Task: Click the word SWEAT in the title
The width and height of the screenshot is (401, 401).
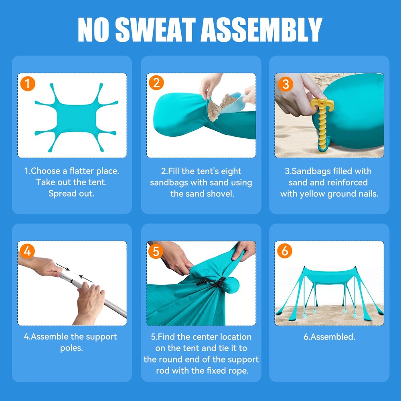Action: pyautogui.click(x=156, y=29)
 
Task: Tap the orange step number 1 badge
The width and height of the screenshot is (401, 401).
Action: pyautogui.click(x=28, y=84)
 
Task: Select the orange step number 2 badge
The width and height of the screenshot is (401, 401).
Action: pyautogui.click(x=156, y=83)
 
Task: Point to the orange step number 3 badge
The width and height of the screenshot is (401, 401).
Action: pyautogui.click(x=286, y=84)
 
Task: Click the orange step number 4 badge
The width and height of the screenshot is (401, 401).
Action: pyautogui.click(x=27, y=251)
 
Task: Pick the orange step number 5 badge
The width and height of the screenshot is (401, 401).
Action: pyautogui.click(x=156, y=251)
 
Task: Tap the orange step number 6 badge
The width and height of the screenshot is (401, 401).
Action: pyautogui.click(x=285, y=251)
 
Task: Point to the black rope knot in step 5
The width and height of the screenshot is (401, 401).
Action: pyautogui.click(x=212, y=283)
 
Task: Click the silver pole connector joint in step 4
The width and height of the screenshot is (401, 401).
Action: pyautogui.click(x=69, y=279)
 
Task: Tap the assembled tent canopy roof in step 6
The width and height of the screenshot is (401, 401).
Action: pyautogui.click(x=330, y=275)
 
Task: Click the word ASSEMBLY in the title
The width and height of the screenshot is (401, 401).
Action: pyautogui.click(x=261, y=29)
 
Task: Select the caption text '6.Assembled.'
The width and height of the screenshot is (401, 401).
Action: pyautogui.click(x=329, y=337)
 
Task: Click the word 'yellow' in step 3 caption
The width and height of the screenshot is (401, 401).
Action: pyautogui.click(x=312, y=194)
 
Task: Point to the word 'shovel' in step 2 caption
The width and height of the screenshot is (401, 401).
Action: pyautogui.click(x=220, y=194)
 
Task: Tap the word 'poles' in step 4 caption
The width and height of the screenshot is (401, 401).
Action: pyautogui.click(x=71, y=348)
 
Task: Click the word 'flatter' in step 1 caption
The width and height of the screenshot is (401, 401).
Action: pyautogui.click(x=82, y=171)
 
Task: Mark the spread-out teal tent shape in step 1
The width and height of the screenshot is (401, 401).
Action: pyautogui.click(x=76, y=117)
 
